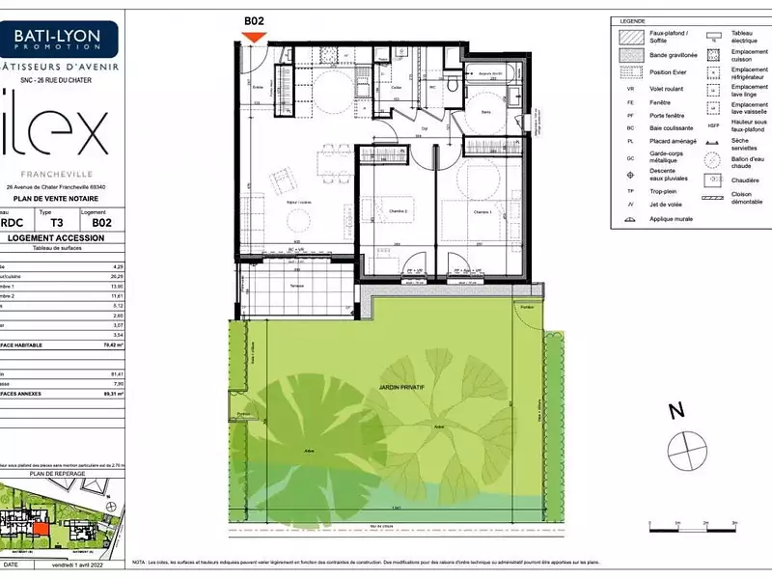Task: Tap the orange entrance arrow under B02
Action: pos(254,37)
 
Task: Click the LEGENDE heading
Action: pos(633,20)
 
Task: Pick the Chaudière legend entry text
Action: pos(744,179)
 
